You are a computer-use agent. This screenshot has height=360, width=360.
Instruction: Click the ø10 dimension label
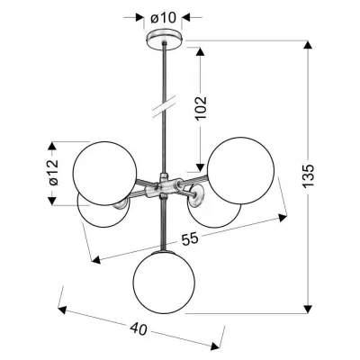[163, 18]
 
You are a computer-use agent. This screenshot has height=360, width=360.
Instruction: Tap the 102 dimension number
[202, 108]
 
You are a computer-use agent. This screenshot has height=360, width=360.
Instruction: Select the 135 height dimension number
[308, 175]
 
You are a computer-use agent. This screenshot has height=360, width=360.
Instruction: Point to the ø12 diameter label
[54, 173]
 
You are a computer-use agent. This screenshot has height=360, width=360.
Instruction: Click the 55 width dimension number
[190, 239]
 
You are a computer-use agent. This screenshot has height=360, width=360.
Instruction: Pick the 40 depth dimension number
[139, 329]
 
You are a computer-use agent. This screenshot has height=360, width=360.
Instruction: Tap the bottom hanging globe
[164, 283]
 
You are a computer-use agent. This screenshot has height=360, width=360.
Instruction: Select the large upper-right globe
[240, 171]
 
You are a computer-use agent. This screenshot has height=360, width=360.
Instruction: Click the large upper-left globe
[105, 174]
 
